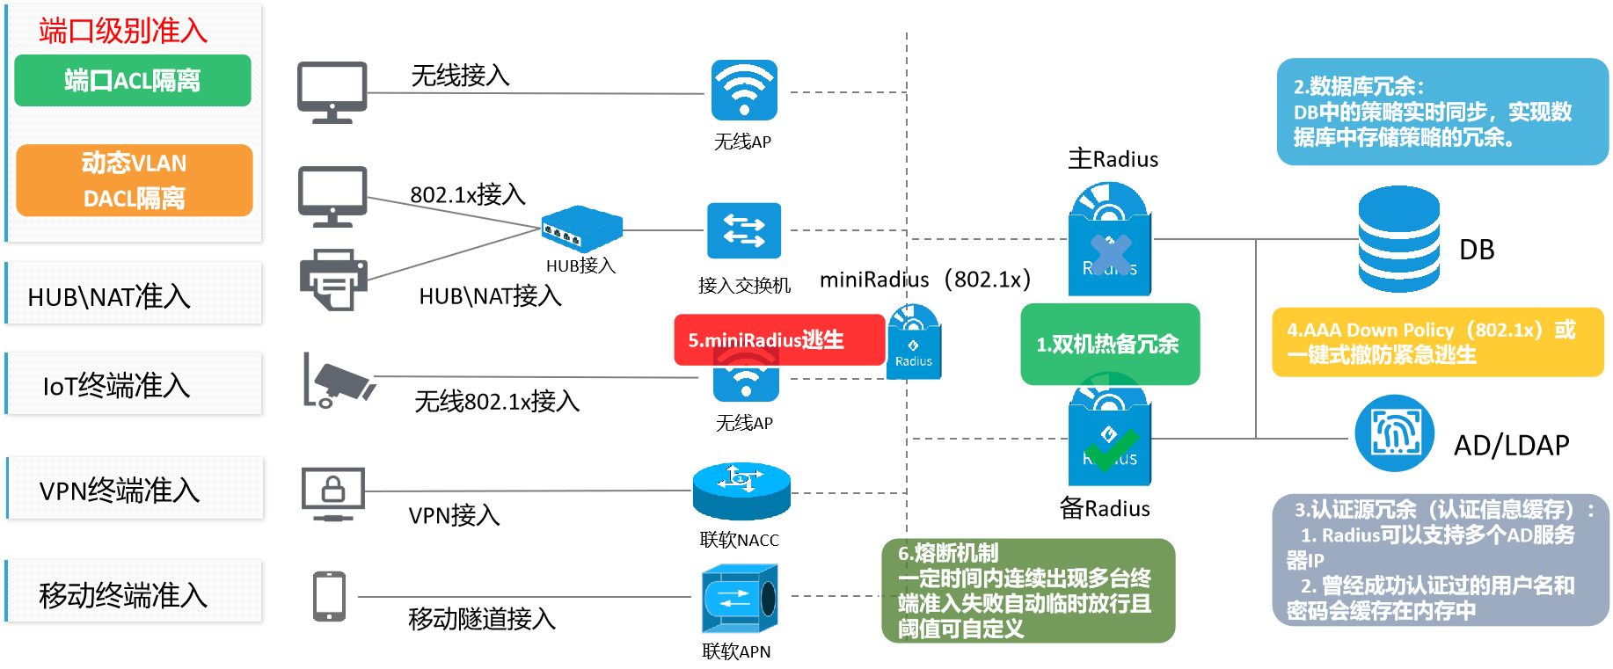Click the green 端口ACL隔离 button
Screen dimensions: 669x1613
133,81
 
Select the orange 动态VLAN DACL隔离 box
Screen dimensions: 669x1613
135,180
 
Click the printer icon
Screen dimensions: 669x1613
332,280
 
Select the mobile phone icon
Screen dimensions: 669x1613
330,596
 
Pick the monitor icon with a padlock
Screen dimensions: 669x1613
332,492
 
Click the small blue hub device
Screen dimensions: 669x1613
581,229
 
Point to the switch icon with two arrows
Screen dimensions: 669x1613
744,230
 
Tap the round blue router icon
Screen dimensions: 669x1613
741,491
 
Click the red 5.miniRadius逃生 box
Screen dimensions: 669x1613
779,340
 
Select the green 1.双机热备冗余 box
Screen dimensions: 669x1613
1110,344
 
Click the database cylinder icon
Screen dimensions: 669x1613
1398,239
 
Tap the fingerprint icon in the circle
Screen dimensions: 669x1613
1395,433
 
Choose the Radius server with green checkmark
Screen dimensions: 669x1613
1110,440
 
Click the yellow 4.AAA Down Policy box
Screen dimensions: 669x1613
1437,342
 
